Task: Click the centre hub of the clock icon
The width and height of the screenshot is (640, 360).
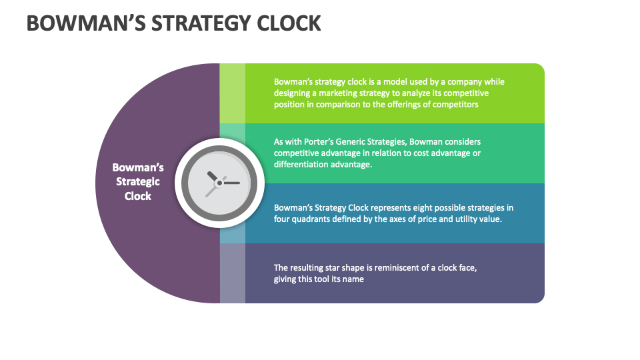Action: (219, 182)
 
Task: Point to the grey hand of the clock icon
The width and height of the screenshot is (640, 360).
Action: (212, 190)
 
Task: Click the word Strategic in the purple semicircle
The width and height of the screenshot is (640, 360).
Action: (138, 182)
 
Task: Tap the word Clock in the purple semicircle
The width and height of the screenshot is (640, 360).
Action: (138, 196)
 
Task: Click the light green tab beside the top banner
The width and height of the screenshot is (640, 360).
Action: (233, 93)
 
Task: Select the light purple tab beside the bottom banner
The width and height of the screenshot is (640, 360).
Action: (233, 273)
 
